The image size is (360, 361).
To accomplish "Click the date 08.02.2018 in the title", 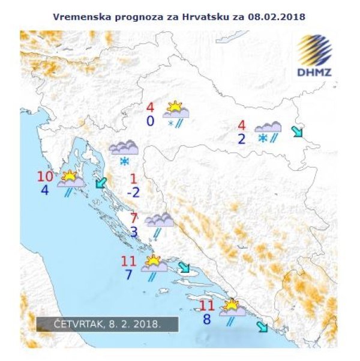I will point(277,16).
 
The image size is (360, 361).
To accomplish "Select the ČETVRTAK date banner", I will point(107,324).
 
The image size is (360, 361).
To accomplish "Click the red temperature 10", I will point(45,177).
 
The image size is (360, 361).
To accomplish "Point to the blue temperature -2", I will point(134,192).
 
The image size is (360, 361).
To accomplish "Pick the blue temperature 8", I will point(207,320).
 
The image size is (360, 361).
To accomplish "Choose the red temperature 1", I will point(133,178).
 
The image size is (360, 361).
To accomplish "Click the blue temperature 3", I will point(134,232).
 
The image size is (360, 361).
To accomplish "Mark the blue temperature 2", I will point(242,139).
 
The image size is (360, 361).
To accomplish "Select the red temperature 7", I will point(134,219).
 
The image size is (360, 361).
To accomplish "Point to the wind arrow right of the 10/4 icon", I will point(101,183).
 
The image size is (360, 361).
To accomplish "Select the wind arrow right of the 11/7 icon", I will point(184,267).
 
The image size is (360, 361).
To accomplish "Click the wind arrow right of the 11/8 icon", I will point(262,327).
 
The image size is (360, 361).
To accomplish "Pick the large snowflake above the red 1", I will point(125,162).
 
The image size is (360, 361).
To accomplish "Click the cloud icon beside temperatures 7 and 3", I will point(159,220).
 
